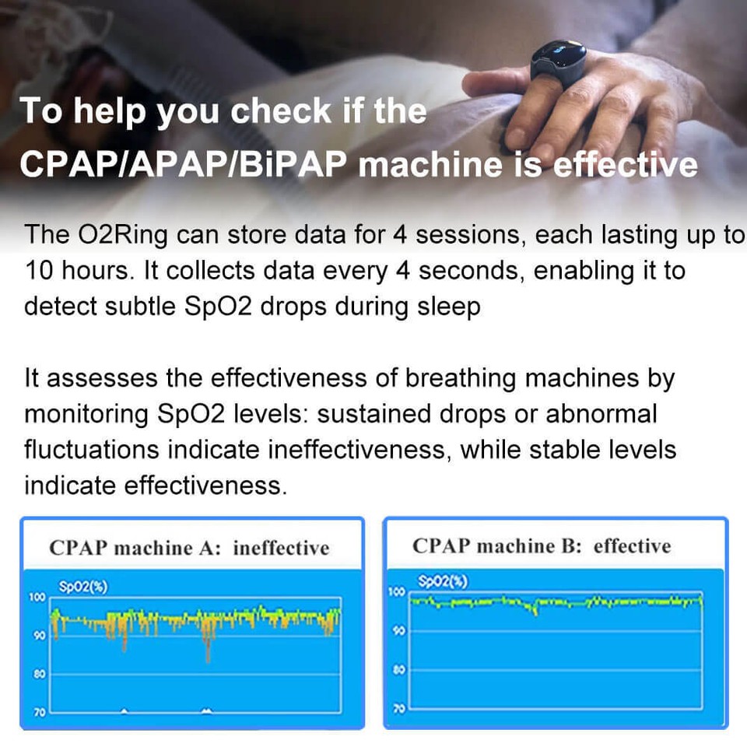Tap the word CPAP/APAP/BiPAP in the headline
pos(184,164)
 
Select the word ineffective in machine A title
pos(281,548)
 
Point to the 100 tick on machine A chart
pos(37,597)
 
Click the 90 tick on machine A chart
pos(39,636)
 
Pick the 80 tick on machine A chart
pos(39,674)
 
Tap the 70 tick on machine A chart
pos(39,713)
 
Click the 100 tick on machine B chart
pos(396,591)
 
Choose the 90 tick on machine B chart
pos(398,630)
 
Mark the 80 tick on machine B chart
pos(398,669)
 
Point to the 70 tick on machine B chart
pos(398,708)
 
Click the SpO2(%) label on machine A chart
pos(83,587)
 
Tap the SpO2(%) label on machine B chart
pos(443,581)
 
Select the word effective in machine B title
pos(632,546)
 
